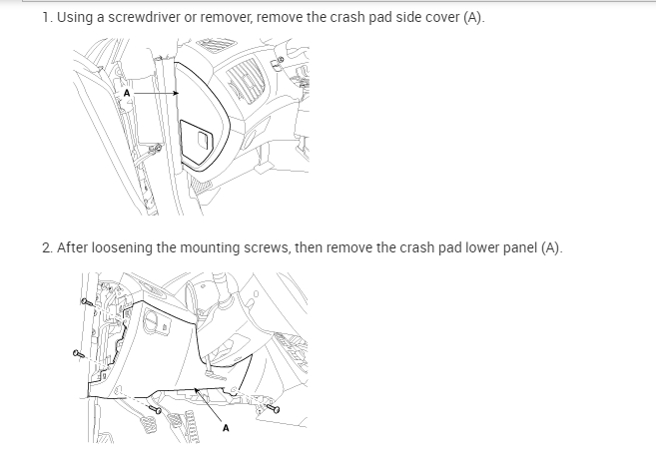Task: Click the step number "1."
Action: (47, 18)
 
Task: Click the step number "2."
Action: (48, 247)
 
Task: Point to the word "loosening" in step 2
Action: (122, 248)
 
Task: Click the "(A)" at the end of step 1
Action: (474, 18)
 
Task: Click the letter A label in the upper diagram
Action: (127, 93)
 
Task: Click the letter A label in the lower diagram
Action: (226, 428)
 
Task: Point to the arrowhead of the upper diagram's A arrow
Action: (177, 93)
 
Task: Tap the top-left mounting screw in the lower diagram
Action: (85, 301)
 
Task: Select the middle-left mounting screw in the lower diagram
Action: (78, 354)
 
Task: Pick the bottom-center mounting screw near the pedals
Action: (155, 409)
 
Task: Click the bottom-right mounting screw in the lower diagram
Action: (273, 408)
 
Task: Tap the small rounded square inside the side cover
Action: (205, 139)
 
